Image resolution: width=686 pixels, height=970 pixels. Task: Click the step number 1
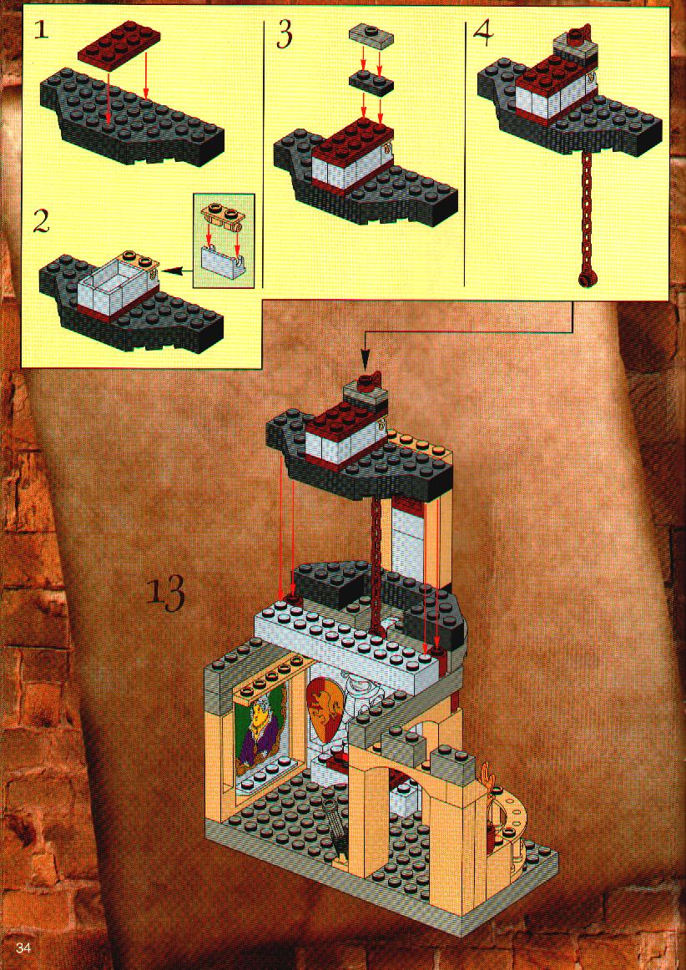point(42,29)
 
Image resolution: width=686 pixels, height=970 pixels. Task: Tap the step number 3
point(284,35)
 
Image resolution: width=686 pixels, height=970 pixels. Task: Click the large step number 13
point(166,594)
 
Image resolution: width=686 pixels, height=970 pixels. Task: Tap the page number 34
point(23,947)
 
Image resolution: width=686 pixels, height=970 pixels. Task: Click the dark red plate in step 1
point(119,44)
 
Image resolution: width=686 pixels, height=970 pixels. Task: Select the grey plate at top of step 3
point(371,34)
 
